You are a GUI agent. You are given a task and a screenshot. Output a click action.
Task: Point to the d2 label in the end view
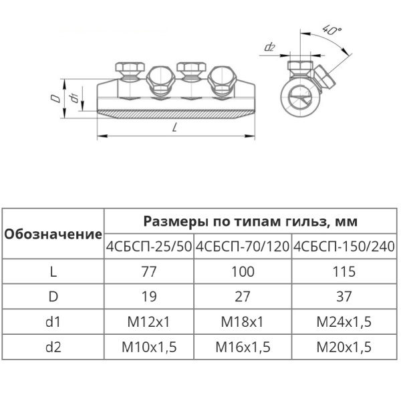[x=270, y=47]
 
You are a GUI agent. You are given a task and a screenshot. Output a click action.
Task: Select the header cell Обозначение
[x=53, y=234]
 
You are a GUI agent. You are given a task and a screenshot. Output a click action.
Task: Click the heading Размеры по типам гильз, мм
[x=251, y=221]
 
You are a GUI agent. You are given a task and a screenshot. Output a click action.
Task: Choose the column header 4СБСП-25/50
[x=149, y=247]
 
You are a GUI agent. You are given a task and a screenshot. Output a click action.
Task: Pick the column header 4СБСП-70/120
[x=243, y=247]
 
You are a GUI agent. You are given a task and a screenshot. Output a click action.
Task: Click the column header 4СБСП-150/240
[x=344, y=247]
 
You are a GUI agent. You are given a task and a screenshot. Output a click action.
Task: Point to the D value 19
[x=149, y=296]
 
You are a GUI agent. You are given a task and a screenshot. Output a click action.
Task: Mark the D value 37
[x=344, y=296]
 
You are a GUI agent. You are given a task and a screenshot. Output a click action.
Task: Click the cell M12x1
[x=149, y=321]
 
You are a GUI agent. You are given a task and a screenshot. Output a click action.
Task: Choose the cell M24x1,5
[x=344, y=321]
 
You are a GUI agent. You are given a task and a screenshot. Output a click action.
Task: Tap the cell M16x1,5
[x=243, y=347]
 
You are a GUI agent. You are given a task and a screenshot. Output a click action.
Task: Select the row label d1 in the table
[x=53, y=321]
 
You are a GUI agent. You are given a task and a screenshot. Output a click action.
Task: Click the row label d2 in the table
[x=53, y=347]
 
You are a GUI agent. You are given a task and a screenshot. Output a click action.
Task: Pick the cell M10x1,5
[x=149, y=347]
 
